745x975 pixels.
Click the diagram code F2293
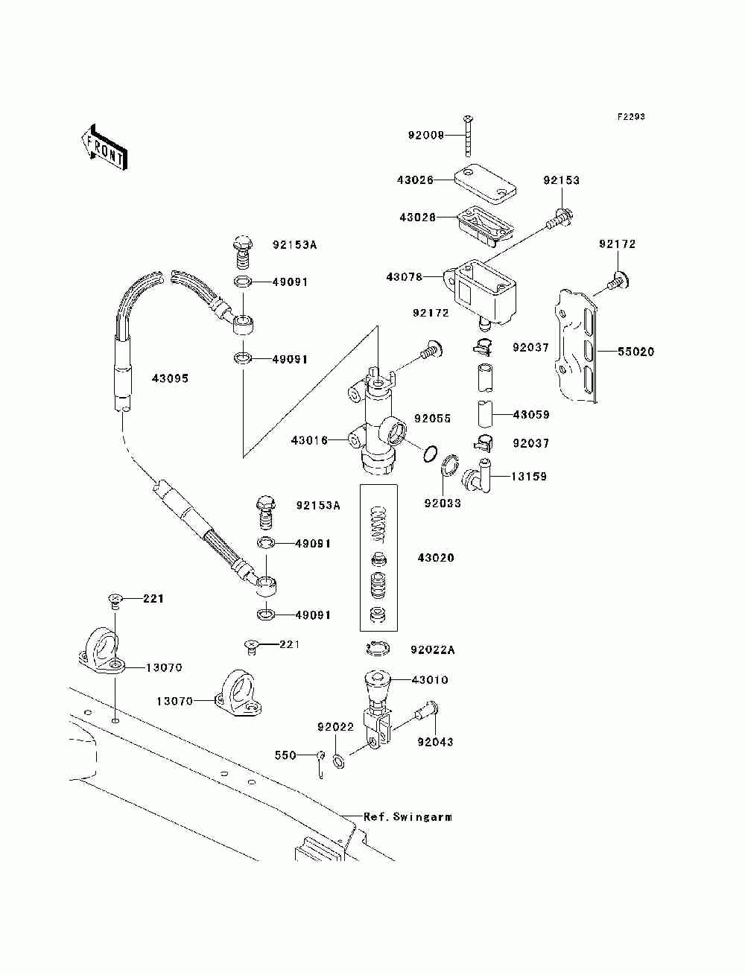(631, 117)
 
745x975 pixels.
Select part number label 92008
(426, 135)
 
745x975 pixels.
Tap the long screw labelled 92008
(468, 136)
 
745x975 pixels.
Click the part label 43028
(418, 217)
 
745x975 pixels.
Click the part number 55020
(635, 352)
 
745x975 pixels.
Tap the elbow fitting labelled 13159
(478, 475)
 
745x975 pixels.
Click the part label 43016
(309, 440)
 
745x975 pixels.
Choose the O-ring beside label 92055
(429, 454)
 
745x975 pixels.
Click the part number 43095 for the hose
(170, 378)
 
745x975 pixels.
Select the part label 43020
(436, 558)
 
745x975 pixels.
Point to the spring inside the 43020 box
(378, 524)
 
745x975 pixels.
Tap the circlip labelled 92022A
(378, 649)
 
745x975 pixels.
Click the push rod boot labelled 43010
(378, 687)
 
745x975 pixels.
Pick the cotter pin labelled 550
(321, 763)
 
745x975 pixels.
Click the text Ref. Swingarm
(408, 817)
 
